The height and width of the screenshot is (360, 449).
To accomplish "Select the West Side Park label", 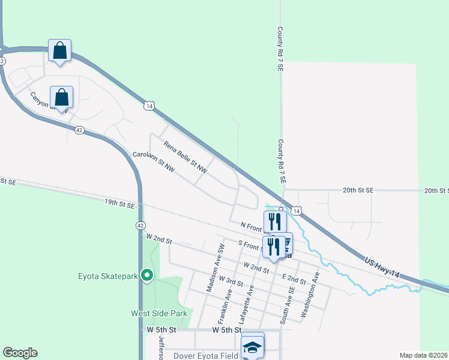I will click(159, 313).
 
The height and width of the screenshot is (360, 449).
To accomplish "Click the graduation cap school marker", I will click(253, 346).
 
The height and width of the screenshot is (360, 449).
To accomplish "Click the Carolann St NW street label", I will click(153, 163).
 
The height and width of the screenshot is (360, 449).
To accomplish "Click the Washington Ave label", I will click(311, 295).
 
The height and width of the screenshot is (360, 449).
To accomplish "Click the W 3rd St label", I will click(231, 281).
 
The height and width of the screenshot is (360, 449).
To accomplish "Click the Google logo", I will click(20, 353).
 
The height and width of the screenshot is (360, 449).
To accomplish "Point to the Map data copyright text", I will click(423, 355).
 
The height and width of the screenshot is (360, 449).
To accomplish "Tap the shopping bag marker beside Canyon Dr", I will click(62, 97).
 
